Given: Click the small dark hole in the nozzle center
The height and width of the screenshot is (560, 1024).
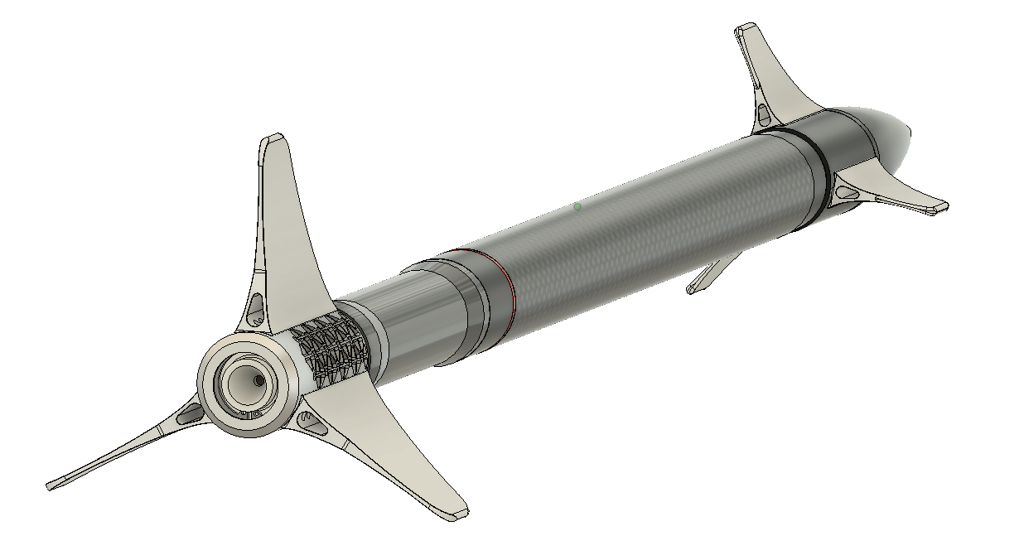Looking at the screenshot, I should [x=259, y=380].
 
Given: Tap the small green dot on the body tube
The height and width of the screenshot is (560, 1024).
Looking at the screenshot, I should [x=577, y=206].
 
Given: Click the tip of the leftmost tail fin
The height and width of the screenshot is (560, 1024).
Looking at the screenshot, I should [x=52, y=485].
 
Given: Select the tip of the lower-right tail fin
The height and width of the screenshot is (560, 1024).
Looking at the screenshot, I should [x=456, y=514].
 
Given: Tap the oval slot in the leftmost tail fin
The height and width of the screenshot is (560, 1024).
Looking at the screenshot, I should [x=190, y=414].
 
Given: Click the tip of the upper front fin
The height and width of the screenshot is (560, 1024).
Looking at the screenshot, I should [x=748, y=31].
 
